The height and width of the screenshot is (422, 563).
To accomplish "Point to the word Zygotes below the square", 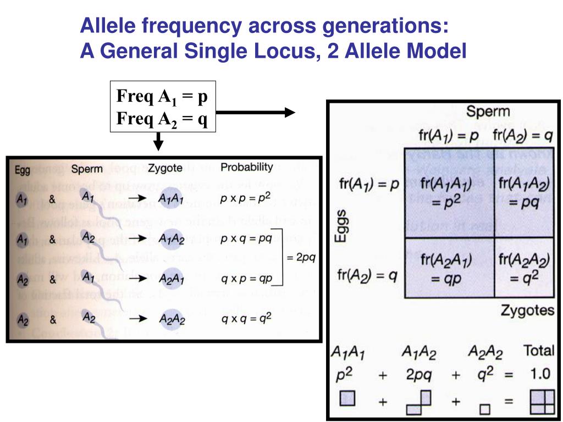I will coord(527,310).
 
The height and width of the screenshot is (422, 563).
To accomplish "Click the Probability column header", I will coord(247,167).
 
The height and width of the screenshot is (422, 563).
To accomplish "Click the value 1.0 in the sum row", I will coord(539,374).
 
